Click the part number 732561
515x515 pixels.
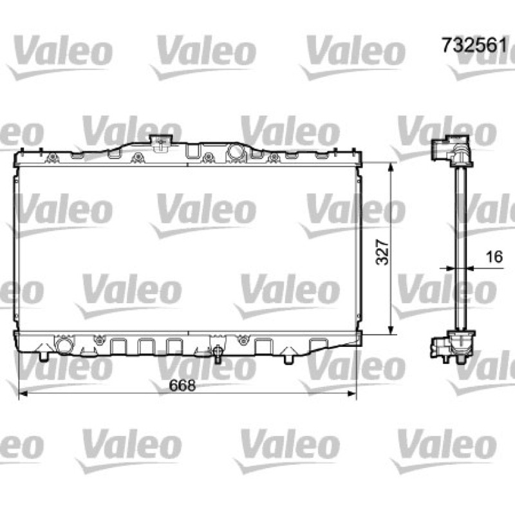[x=474, y=45]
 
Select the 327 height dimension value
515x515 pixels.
[x=382, y=252]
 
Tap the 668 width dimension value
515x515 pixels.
[x=182, y=385]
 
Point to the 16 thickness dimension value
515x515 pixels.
[x=494, y=256]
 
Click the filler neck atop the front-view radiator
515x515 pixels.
[x=162, y=143]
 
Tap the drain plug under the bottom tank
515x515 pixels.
[x=218, y=353]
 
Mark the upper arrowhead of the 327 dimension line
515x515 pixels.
[x=391, y=167]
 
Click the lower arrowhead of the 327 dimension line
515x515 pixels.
[x=391, y=330]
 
